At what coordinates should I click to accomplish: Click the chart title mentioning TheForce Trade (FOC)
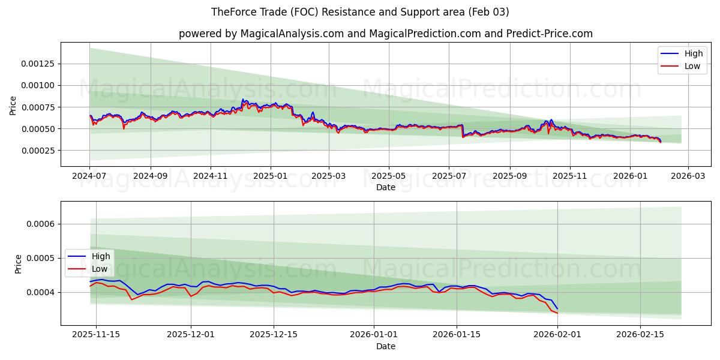[360, 12]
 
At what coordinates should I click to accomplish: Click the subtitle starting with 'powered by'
[385, 34]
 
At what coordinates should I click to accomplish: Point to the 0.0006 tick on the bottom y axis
[41, 224]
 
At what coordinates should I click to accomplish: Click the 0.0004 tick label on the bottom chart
[41, 292]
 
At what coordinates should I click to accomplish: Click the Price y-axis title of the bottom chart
[18, 264]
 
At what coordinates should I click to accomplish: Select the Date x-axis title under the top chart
[385, 187]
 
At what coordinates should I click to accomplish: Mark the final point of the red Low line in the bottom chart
[557, 313]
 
